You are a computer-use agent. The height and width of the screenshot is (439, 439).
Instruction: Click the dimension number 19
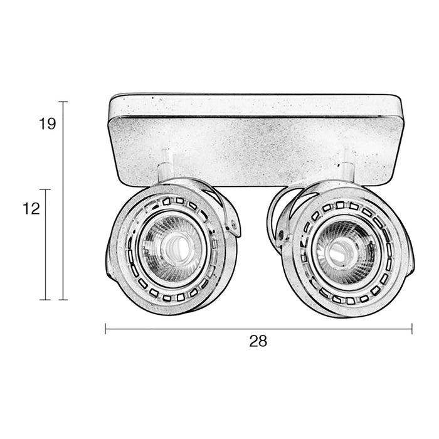[x=47, y=124]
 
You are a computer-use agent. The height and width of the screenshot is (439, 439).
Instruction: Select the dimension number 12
[x=31, y=209]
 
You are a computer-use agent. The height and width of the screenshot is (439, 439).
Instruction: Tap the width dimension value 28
[x=258, y=341]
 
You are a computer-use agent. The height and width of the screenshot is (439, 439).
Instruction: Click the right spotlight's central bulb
[x=339, y=249]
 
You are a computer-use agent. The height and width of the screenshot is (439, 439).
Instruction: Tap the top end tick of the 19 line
[x=63, y=102]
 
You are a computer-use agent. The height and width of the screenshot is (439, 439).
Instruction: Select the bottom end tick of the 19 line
[x=63, y=300]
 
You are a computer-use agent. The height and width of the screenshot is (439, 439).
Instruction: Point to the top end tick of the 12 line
[x=45, y=189]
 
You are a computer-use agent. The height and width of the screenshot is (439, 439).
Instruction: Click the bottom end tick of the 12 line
[x=45, y=300]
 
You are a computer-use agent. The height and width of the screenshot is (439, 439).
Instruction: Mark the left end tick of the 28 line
[x=105, y=328]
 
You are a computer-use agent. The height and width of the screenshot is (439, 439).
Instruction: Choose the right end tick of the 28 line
[x=411, y=328]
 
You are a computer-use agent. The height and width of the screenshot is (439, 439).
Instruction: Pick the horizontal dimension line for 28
[x=258, y=328]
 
